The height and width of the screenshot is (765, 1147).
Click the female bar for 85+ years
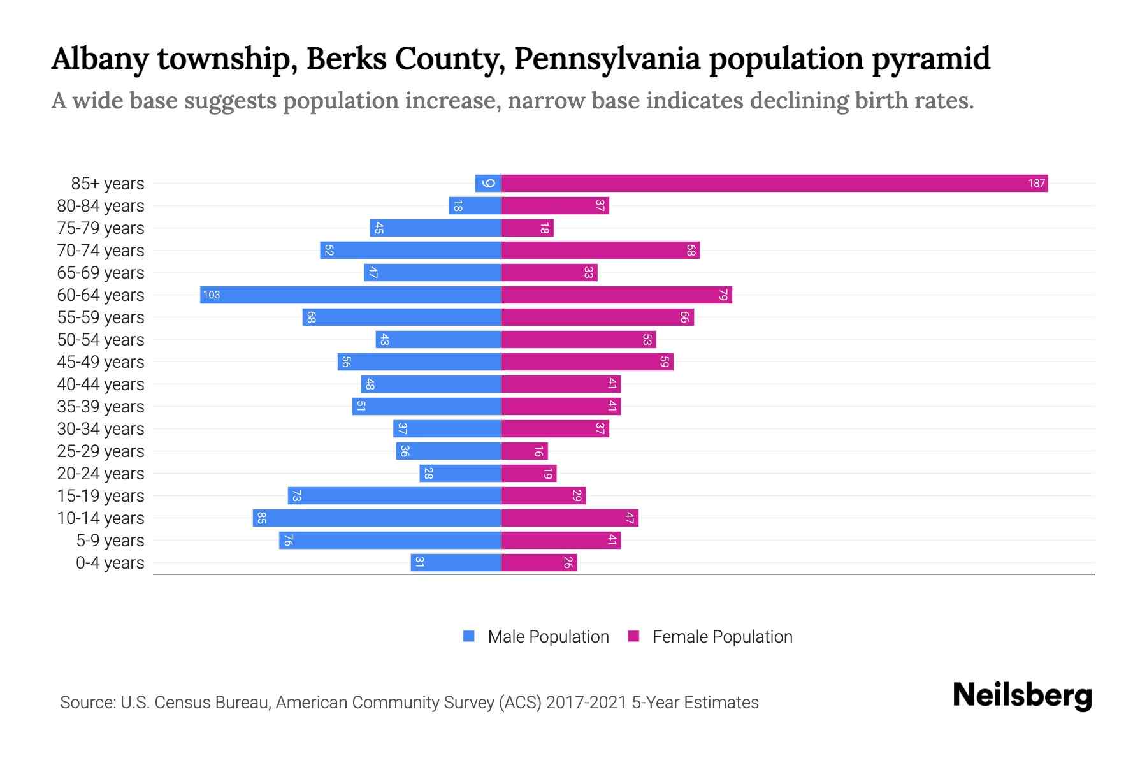774,184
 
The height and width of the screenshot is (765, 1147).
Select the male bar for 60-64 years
350,295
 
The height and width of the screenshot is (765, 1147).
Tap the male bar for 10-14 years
377,518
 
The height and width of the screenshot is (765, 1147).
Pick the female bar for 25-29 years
524,451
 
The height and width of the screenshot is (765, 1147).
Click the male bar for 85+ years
488,184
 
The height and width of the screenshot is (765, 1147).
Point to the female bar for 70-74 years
600,251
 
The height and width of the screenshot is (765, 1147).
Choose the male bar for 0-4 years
456,563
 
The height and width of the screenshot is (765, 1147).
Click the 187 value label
1036,184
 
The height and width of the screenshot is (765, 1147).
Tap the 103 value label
212,295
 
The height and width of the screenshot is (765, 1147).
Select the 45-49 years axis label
101,362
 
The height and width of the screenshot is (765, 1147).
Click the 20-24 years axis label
101,474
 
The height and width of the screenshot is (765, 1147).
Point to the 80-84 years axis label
101,206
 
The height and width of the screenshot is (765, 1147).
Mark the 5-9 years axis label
110,541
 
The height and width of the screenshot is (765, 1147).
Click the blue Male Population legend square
469,636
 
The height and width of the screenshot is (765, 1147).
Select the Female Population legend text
722,637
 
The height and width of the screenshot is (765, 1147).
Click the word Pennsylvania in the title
607,59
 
